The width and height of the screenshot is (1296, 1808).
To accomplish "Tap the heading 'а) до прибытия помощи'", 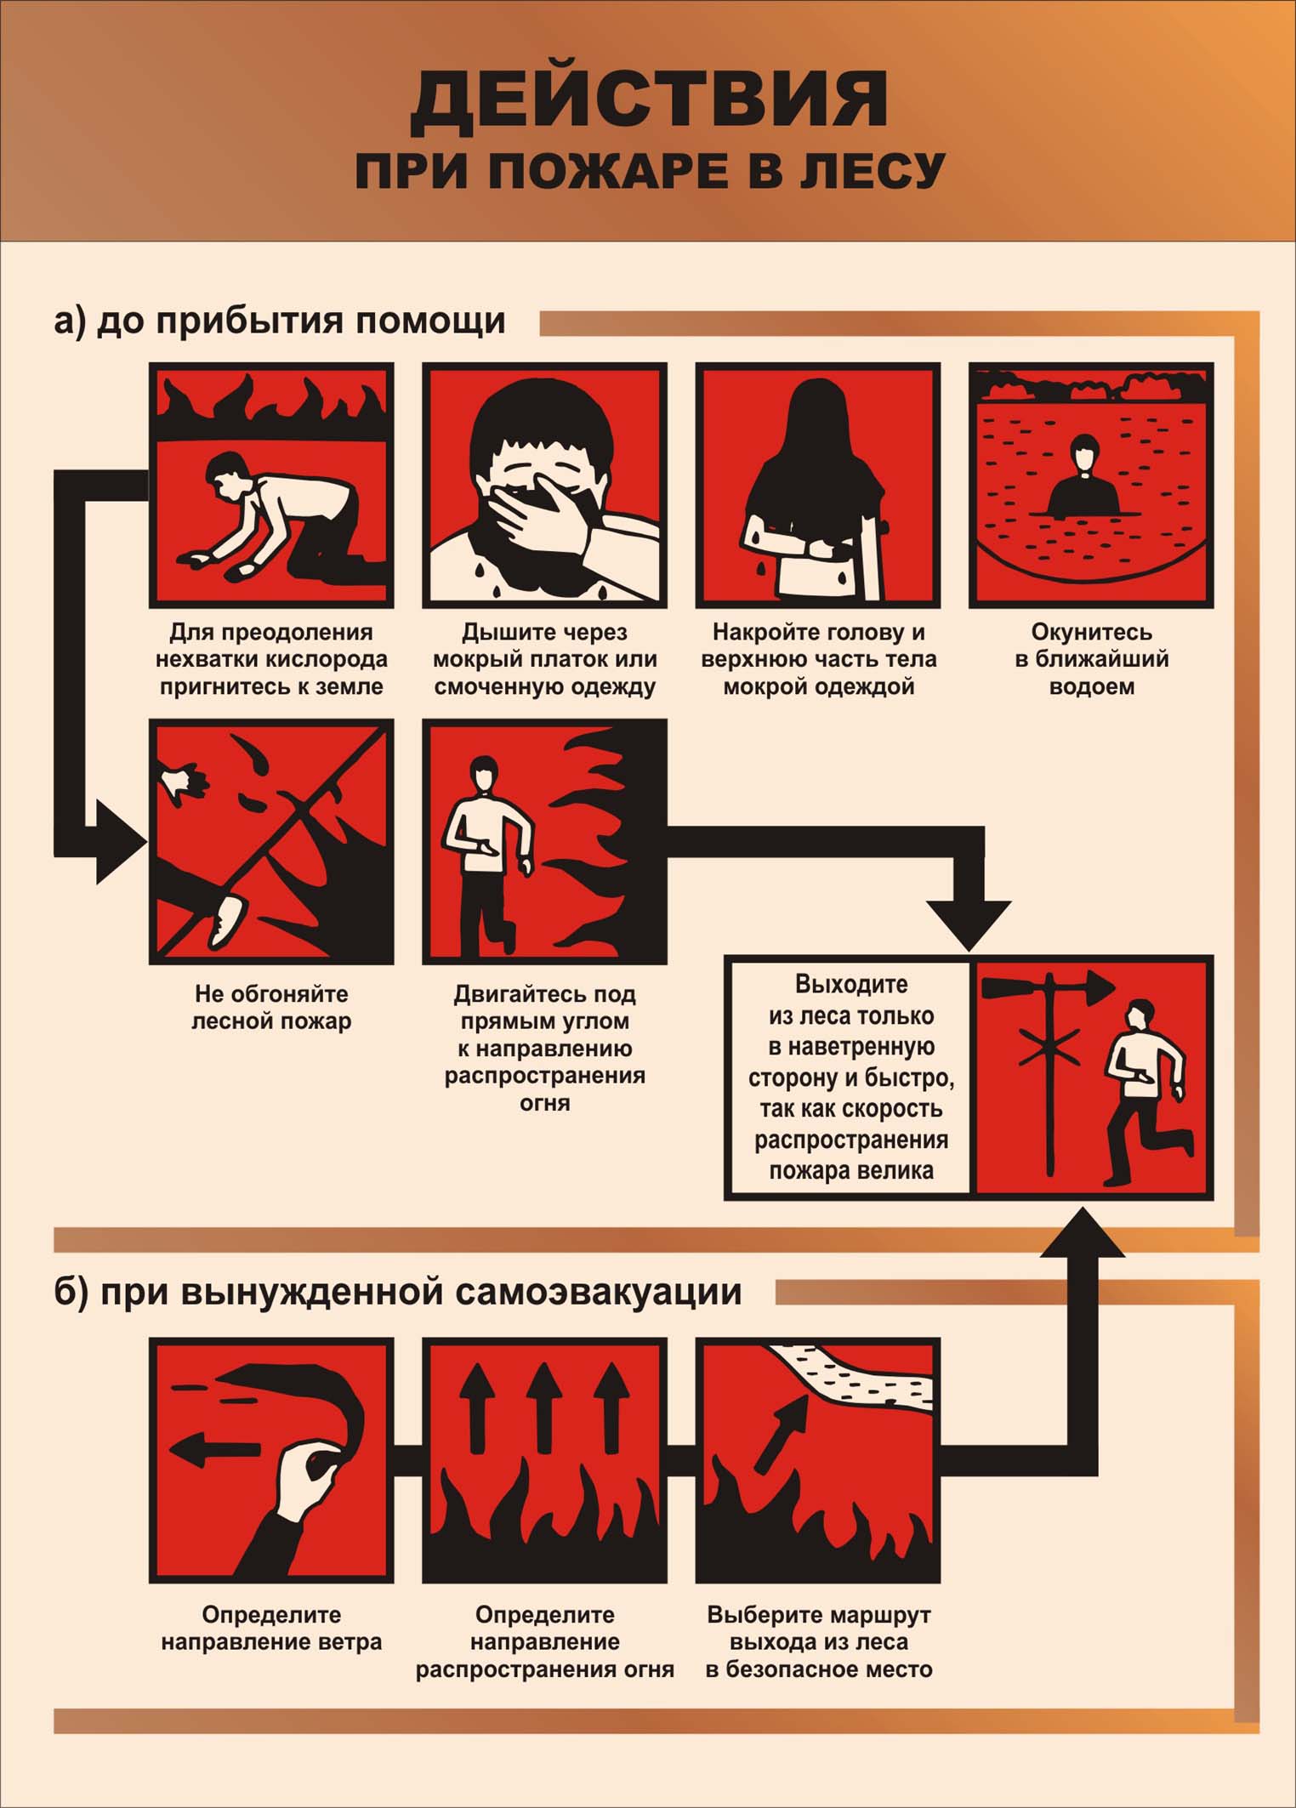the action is click(279, 321).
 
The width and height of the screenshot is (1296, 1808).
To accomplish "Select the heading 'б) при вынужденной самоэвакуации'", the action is click(398, 1292).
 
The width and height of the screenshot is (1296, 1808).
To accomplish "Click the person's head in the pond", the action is click(1084, 452).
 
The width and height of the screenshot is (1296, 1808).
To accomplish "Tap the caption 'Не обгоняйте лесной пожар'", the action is click(271, 1007).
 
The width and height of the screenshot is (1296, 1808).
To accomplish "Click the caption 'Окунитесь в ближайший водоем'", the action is click(1091, 659).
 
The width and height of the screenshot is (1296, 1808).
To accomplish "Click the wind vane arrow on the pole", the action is click(1048, 989).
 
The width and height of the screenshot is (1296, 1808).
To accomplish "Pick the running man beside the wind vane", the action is click(1144, 1093).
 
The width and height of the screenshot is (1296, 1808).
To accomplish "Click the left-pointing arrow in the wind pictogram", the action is click(215, 1449).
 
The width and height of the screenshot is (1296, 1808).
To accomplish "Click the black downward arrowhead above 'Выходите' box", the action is click(969, 924).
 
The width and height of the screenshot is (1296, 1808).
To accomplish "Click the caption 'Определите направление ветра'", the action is click(271, 1629).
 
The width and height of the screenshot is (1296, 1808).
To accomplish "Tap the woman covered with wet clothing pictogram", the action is click(817, 485).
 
